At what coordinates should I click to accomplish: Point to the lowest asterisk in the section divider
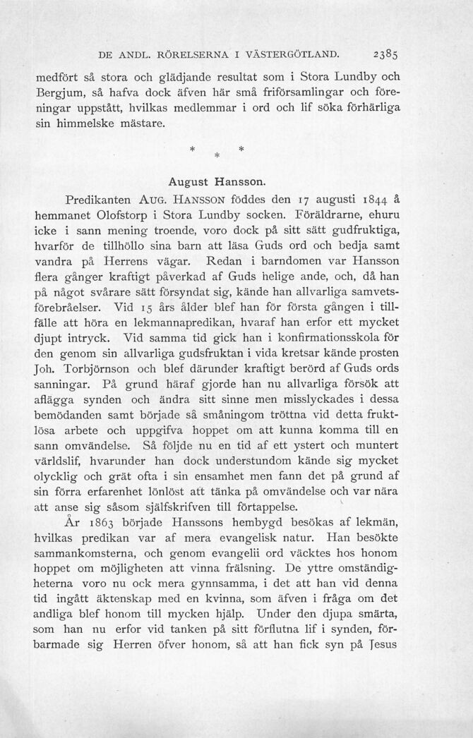217,155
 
